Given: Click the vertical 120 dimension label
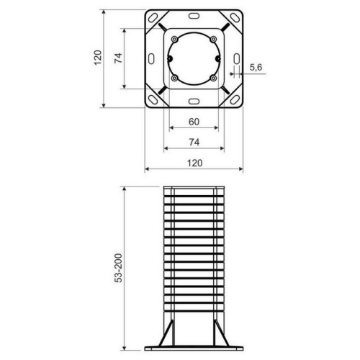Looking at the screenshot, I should point(97,58).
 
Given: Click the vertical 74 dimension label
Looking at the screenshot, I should point(118,58).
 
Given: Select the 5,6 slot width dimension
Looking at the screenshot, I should point(256,67).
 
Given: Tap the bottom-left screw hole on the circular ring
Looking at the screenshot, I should point(175,78).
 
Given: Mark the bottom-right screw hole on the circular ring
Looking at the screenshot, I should point(214,78).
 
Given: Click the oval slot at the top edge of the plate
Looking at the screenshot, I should point(194,15).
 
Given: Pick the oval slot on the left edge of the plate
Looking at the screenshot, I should point(151,58).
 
